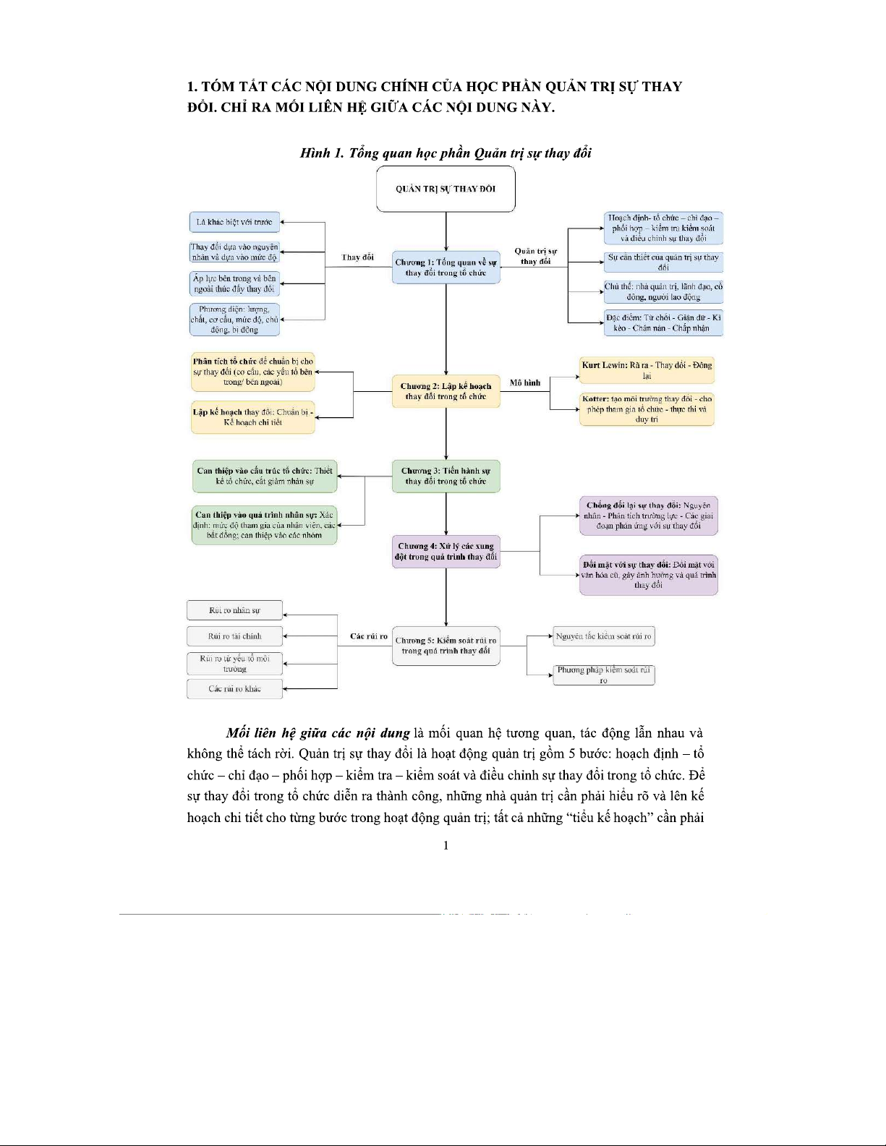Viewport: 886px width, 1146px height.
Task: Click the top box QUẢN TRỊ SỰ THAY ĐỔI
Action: [x=446, y=189]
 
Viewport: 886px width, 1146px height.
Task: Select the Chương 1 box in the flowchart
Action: [x=446, y=268]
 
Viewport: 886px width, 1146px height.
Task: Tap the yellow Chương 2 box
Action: [x=446, y=391]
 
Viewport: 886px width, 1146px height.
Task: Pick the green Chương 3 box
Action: [x=446, y=476]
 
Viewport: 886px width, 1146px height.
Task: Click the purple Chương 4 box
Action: [x=446, y=551]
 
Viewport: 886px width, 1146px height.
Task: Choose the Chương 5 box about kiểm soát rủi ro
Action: [x=446, y=646]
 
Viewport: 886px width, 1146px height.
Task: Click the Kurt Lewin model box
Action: [x=647, y=370]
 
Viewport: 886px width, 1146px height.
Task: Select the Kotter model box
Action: [x=647, y=409]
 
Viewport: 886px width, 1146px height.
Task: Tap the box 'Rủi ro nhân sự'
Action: [x=234, y=610]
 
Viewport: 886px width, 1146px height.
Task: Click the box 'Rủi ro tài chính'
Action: [x=234, y=636]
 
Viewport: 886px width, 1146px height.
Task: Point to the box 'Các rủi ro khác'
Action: [x=234, y=688]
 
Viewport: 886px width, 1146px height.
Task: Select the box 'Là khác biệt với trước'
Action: [x=234, y=222]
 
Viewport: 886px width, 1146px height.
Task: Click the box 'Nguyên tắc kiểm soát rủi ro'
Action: [x=603, y=636]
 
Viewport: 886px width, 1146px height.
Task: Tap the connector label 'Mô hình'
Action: [x=525, y=382]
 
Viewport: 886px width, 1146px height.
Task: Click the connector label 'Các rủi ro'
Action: [x=369, y=636]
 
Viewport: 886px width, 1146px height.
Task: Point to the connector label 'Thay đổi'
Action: [x=357, y=257]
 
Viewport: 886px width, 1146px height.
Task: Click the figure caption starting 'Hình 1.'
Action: [x=446, y=153]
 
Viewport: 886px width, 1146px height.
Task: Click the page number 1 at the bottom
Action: [x=446, y=845]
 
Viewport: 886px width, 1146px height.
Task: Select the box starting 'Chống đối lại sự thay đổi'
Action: [x=648, y=516]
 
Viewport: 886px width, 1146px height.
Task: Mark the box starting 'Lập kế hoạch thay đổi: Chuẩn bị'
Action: [x=253, y=417]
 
